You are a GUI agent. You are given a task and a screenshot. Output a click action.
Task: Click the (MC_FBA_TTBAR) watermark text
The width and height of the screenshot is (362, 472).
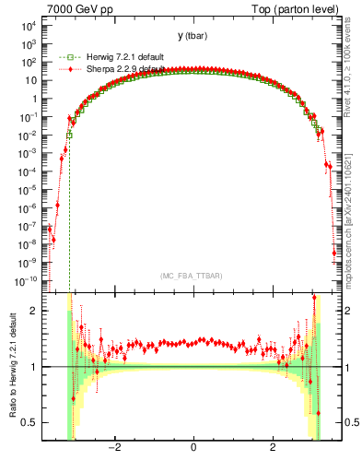[193, 276]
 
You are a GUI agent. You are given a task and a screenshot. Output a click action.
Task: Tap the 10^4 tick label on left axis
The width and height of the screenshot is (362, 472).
[24, 26]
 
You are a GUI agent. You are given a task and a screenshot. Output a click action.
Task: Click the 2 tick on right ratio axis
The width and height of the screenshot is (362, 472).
[351, 311]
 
